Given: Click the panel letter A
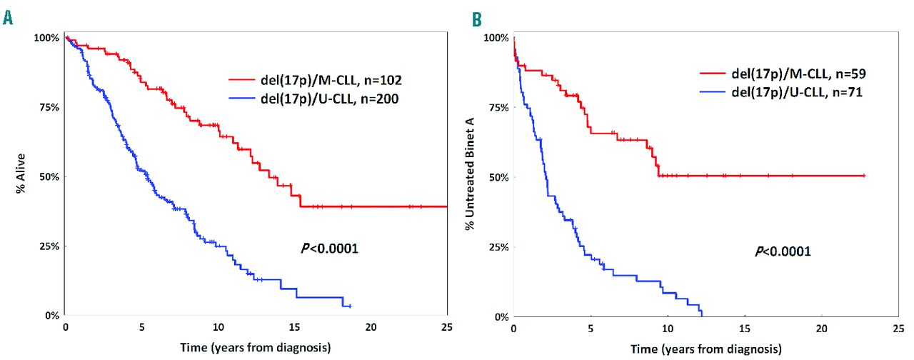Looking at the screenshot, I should [8, 17].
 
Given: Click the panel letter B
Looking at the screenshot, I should [476, 17].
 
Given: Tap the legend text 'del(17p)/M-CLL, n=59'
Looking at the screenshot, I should [783, 73].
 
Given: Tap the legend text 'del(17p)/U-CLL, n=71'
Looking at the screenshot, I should [783, 92].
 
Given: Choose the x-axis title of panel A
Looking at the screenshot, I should [256, 348].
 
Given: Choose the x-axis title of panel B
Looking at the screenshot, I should [704, 349].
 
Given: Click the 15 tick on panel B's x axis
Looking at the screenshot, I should [744, 328].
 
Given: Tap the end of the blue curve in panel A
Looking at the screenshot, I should [350, 306].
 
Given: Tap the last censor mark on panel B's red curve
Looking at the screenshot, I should [864, 175].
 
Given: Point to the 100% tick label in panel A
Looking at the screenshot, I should [45, 37].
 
